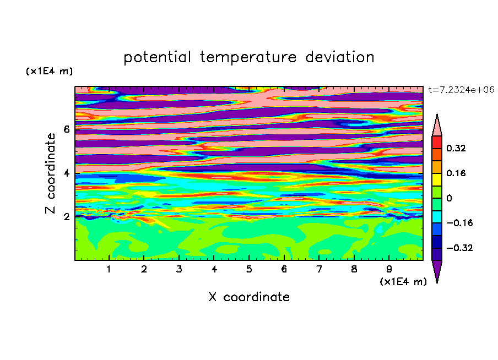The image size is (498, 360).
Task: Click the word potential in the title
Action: (x=157, y=57)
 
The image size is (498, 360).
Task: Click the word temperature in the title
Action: (x=248, y=57)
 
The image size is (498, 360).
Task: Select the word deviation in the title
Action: (x=340, y=57)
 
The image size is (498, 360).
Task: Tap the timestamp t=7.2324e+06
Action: (x=461, y=90)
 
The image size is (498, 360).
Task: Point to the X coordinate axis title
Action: (x=249, y=297)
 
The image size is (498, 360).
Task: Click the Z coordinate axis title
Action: (x=50, y=173)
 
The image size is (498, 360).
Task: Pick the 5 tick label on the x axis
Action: (x=249, y=269)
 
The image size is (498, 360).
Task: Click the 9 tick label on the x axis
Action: (x=389, y=269)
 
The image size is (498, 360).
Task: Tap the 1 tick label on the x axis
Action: (x=109, y=269)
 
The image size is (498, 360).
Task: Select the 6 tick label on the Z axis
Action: (x=66, y=129)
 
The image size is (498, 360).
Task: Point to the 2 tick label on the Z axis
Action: (x=66, y=217)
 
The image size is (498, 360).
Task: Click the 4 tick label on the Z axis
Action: (x=66, y=173)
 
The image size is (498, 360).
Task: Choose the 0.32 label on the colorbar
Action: (x=456, y=148)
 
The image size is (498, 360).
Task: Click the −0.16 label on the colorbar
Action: (x=459, y=223)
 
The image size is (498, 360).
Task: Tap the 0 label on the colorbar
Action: (x=449, y=198)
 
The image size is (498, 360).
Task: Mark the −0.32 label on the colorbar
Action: (x=459, y=248)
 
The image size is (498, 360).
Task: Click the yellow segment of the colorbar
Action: (x=437, y=179)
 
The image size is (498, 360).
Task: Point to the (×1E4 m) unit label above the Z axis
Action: (x=49, y=71)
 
